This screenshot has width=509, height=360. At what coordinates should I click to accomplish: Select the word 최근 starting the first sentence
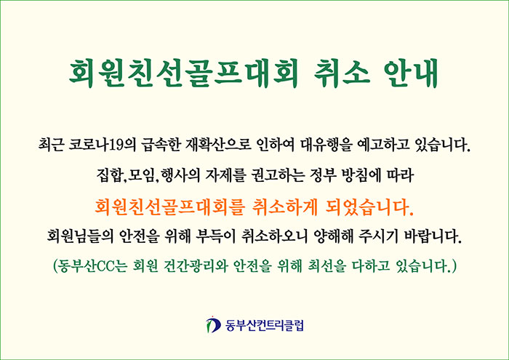[x=51, y=145]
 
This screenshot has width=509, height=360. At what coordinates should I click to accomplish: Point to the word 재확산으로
[x=218, y=145]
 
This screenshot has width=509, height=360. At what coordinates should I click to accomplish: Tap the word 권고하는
[x=278, y=175]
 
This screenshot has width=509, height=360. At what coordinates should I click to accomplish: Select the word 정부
[x=323, y=175]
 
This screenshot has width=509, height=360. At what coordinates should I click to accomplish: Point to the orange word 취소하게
[x=284, y=207]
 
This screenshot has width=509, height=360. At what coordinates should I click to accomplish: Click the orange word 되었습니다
[x=369, y=207]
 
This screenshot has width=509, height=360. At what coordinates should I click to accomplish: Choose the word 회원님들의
[x=80, y=236]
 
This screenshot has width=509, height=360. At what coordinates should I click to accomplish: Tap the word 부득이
[x=215, y=236]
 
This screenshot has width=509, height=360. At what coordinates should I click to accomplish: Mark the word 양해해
[x=333, y=236]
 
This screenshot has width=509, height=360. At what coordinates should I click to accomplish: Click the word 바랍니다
[x=433, y=236]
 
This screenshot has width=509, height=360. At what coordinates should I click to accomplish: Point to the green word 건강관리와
[x=196, y=266]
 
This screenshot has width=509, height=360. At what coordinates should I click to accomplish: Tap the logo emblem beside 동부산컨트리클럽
[x=212, y=324]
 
